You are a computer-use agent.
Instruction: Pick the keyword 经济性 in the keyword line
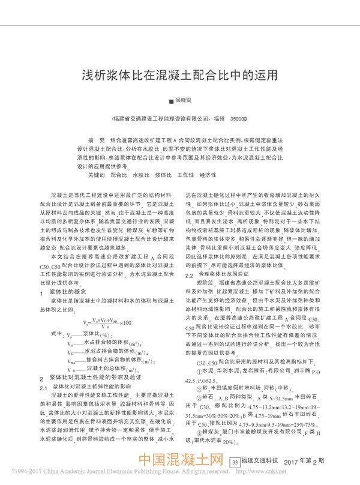click(x=208, y=175)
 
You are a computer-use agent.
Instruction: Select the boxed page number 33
click(x=235, y=462)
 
